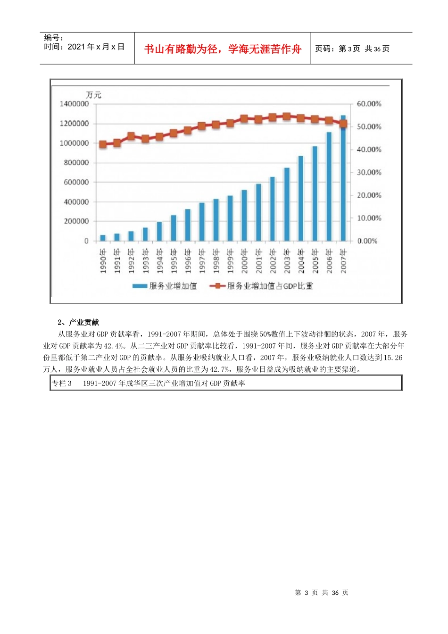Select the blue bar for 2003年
(x=286, y=204)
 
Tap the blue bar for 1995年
(x=174, y=228)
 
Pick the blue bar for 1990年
(x=103, y=238)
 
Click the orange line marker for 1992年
(x=131, y=136)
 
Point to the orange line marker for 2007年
(x=343, y=124)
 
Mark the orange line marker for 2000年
(x=244, y=119)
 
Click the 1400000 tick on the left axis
(x=74, y=104)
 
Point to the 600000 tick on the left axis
(x=74, y=182)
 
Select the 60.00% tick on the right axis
(x=369, y=104)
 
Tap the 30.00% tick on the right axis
(x=369, y=172)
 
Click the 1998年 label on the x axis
(x=216, y=261)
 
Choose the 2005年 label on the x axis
(x=315, y=261)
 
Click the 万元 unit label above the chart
(x=93, y=95)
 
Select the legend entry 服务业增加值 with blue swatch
(x=165, y=286)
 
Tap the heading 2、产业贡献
(x=78, y=323)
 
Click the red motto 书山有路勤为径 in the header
(x=223, y=49)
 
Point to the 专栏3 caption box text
(x=149, y=384)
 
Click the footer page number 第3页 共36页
(x=321, y=592)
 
